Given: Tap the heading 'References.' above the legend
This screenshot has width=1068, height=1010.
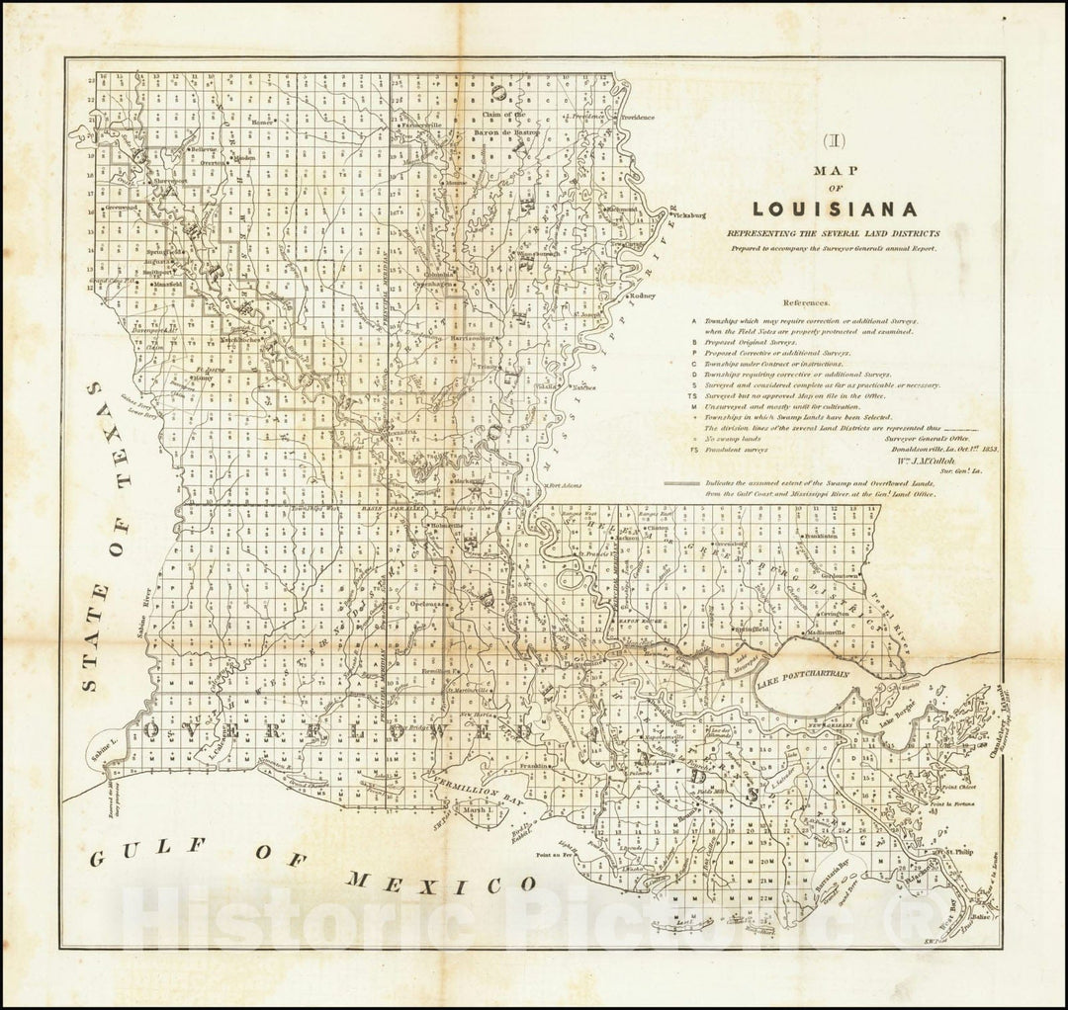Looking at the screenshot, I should click(x=808, y=303).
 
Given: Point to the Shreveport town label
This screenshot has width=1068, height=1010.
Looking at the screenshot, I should click(x=171, y=182).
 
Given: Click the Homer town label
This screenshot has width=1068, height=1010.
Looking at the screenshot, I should click(x=261, y=124).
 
